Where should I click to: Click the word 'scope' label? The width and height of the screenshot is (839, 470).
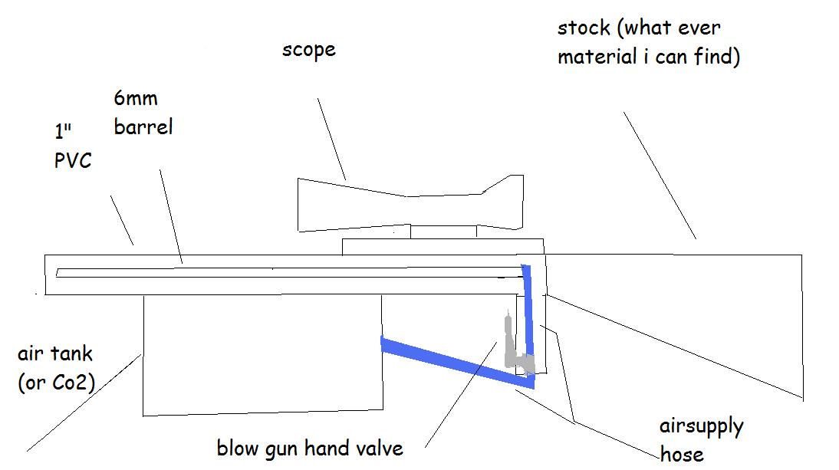click(308, 51)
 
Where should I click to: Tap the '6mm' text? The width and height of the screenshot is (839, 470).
click(136, 99)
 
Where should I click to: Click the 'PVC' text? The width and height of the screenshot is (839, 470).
click(73, 160)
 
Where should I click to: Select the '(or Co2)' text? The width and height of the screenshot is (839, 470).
click(55, 381)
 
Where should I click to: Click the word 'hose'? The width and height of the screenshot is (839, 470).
click(681, 453)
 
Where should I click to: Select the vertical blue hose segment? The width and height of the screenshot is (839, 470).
click(527, 322)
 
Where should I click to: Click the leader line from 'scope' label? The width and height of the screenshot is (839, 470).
click(331, 139)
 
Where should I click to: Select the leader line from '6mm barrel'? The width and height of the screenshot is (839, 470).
click(171, 215)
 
